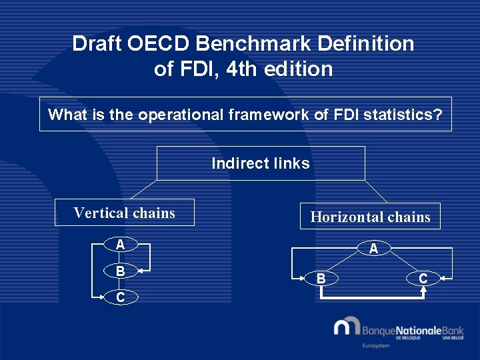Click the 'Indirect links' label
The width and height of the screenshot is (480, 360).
click(x=260, y=163)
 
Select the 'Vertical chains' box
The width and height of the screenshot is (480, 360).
click(x=124, y=213)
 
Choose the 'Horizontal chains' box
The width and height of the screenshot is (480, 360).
click(x=370, y=217)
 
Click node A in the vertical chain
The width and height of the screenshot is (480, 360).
click(x=120, y=245)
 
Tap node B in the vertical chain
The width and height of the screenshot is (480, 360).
click(x=120, y=271)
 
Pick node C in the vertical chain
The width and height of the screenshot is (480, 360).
click(x=120, y=297)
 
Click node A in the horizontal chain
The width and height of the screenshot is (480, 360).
click(x=373, y=249)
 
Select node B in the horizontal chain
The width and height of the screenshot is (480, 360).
click(x=321, y=277)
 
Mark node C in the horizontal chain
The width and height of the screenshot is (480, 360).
click(x=423, y=277)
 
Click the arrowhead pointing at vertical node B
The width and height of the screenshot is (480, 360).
click(x=141, y=271)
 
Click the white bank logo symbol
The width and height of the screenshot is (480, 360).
click(x=347, y=327)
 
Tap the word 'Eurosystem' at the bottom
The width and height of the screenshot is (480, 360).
click(x=377, y=346)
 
